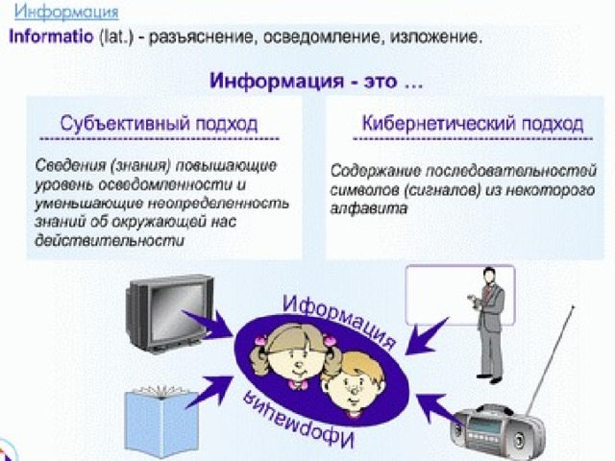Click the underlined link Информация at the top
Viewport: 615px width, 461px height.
66,12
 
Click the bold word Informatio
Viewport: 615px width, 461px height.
51,36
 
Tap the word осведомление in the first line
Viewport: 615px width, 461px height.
322,37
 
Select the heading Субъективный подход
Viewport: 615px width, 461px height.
159,123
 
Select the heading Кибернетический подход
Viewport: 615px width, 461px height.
473,123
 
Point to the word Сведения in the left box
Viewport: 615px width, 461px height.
70,166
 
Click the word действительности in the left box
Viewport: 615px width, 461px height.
110,240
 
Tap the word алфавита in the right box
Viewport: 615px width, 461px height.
369,208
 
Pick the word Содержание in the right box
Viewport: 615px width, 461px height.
376,171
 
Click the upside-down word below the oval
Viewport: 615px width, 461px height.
298,420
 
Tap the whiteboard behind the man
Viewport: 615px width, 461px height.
459,295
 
